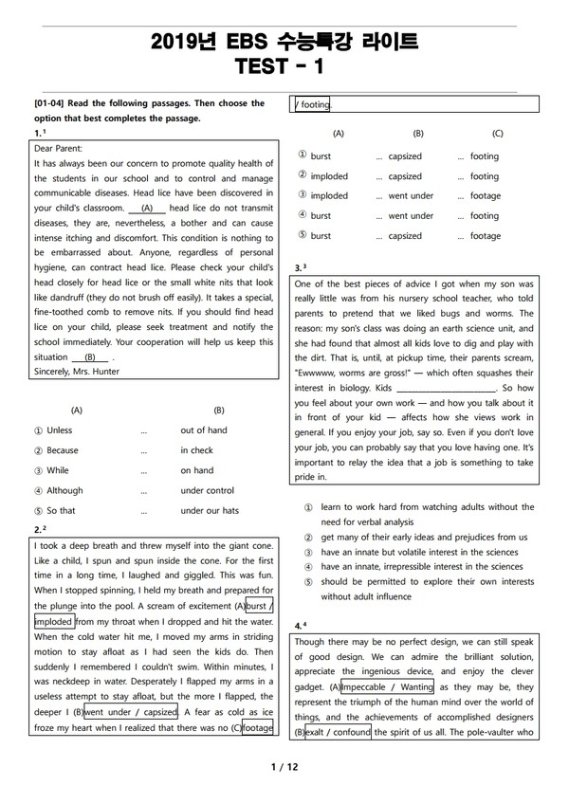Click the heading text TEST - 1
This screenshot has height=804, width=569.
(x=284, y=66)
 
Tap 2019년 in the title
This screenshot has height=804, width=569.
(x=185, y=42)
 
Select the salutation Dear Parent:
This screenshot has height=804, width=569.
(x=58, y=149)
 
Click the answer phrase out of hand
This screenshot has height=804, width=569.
(x=204, y=430)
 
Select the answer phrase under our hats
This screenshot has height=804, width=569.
(x=210, y=510)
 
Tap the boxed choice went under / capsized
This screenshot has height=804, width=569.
(x=132, y=712)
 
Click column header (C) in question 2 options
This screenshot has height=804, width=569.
(x=498, y=135)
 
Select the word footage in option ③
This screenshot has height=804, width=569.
(x=485, y=196)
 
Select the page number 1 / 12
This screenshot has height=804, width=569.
(x=284, y=766)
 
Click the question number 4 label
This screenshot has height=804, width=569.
(x=299, y=627)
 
